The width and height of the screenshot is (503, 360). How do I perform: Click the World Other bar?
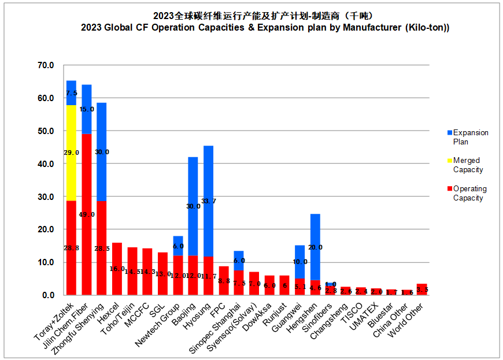(422, 290)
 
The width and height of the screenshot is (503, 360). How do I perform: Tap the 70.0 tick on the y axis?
(46, 65)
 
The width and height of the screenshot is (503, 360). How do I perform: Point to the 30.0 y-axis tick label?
(46, 197)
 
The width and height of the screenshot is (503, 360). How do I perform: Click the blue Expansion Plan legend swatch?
(449, 133)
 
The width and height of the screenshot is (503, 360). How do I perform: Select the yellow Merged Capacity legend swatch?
(449, 161)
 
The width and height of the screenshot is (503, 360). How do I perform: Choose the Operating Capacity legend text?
(469, 193)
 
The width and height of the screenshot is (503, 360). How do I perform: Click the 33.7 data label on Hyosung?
(209, 201)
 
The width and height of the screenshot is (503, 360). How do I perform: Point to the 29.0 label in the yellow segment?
(72, 153)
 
